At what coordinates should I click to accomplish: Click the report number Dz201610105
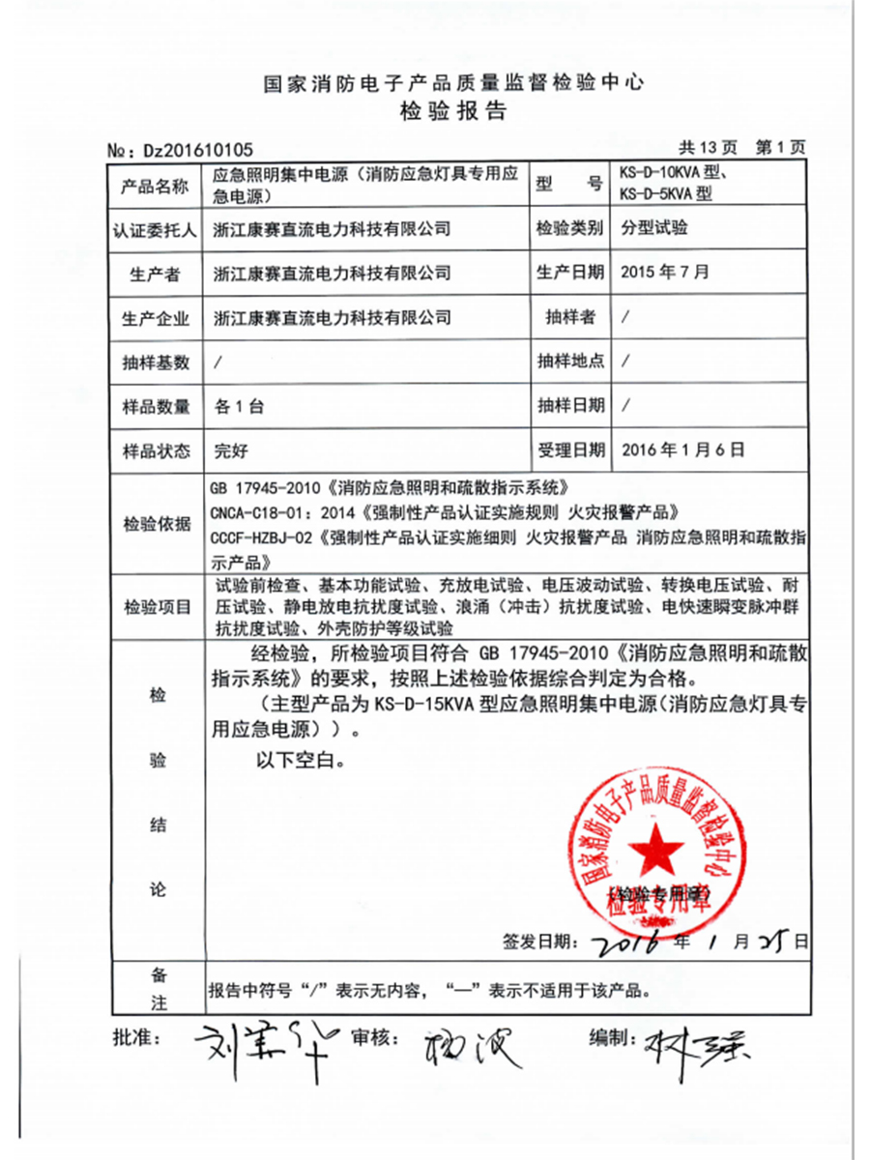click(197, 150)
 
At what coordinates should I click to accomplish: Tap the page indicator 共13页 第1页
click(741, 148)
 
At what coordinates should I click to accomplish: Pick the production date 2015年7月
click(666, 273)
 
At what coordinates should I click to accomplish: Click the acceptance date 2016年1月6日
click(683, 449)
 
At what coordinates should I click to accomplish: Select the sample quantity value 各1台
click(238, 406)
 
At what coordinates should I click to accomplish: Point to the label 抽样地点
click(570, 362)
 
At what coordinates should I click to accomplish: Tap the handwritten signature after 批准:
click(256, 1042)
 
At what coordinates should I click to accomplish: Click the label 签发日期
click(540, 940)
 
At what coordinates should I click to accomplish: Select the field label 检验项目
click(155, 607)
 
